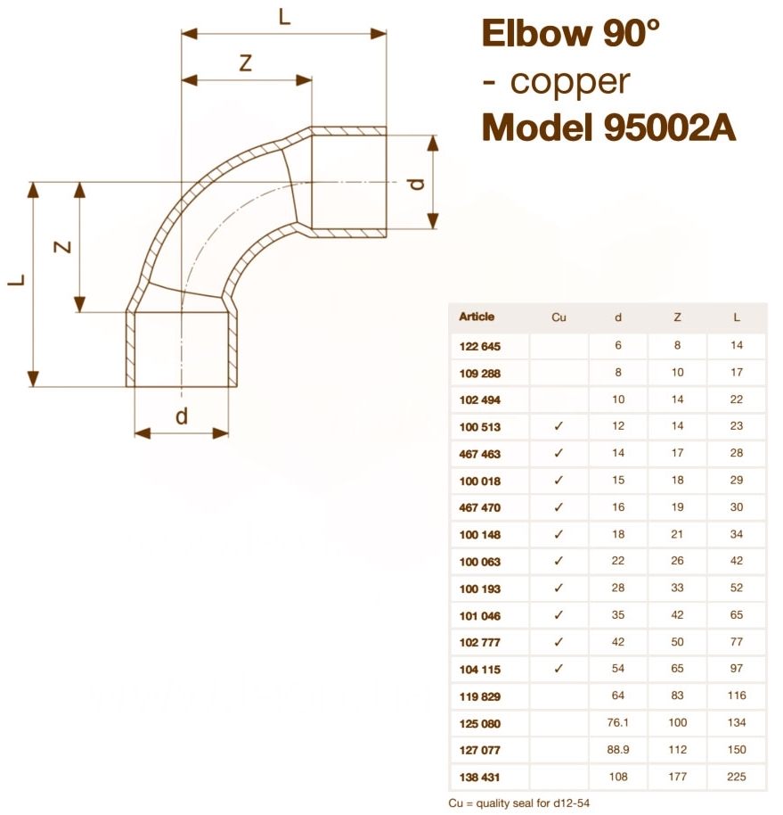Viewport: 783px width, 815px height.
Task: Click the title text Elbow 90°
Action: [x=571, y=34]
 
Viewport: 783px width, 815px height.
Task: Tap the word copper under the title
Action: [x=570, y=82]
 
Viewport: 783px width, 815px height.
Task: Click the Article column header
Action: [x=477, y=317]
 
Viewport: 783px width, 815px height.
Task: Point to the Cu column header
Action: [x=559, y=317]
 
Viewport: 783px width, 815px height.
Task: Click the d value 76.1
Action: [x=618, y=722]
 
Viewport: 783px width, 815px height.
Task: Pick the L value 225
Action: [x=736, y=777]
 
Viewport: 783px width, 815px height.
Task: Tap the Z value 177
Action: [x=678, y=777]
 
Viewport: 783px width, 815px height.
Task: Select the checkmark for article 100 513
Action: [x=559, y=426]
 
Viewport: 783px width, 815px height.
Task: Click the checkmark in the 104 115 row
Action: [x=559, y=668]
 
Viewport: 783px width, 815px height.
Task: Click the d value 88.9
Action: [x=618, y=750]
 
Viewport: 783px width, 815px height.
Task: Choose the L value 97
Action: [x=736, y=668]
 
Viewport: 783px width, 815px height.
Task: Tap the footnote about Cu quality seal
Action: [x=519, y=803]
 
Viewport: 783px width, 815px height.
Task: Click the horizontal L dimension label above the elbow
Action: [x=284, y=17]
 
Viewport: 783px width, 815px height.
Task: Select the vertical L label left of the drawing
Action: [x=16, y=281]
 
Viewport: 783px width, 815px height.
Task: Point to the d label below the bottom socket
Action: [x=182, y=416]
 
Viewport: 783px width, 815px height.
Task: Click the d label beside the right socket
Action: [x=416, y=184]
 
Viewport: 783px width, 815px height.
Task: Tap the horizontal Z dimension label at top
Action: [x=246, y=63]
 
